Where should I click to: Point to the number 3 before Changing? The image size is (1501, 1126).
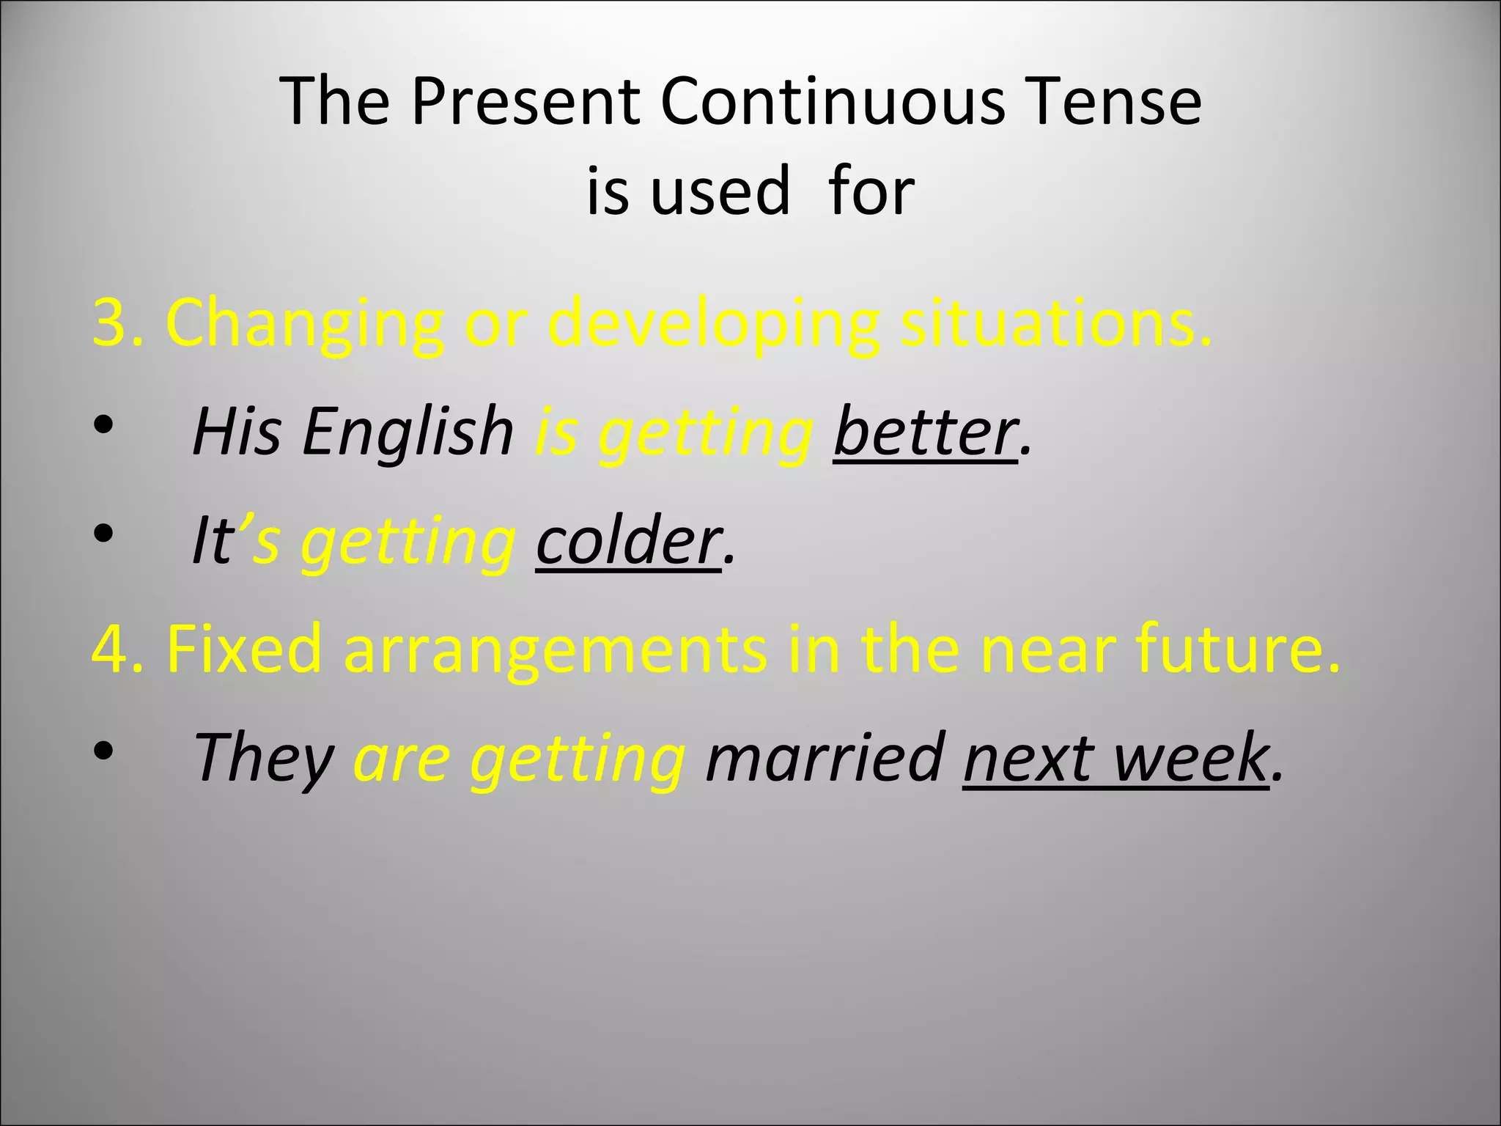(x=111, y=323)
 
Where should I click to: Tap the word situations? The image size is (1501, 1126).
(x=1055, y=323)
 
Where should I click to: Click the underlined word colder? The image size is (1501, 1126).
(x=628, y=541)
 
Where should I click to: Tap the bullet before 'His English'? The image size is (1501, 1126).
(x=103, y=425)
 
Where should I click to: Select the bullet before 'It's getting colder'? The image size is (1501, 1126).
(x=103, y=534)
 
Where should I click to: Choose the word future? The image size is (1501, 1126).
(x=1238, y=649)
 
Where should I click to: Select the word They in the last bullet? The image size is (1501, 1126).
(x=265, y=758)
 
